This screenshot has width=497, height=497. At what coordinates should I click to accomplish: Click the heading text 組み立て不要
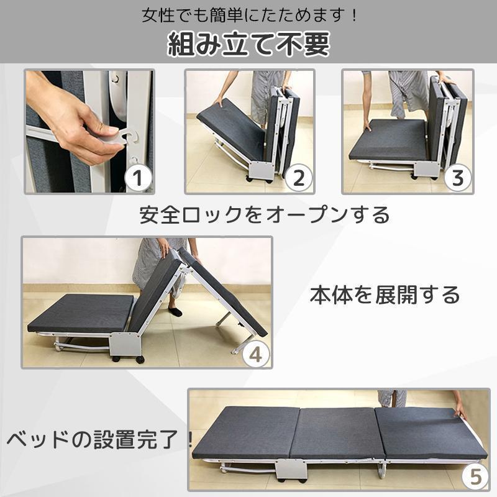click(x=248, y=44)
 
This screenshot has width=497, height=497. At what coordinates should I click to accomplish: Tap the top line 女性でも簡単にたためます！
click(x=248, y=14)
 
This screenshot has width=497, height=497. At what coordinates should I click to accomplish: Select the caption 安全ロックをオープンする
click(x=264, y=214)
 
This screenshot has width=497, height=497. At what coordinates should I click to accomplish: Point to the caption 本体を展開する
click(x=385, y=294)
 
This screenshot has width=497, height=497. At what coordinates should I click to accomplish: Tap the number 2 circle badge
click(x=298, y=178)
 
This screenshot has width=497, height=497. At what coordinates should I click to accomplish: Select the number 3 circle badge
click(x=457, y=178)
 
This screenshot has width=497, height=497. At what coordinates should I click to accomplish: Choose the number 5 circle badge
click(x=475, y=478)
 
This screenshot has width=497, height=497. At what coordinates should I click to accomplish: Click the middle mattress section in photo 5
click(x=335, y=433)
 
